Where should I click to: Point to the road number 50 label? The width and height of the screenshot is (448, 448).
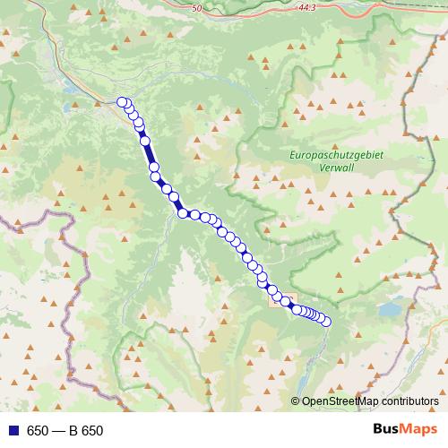click(x=198, y=7)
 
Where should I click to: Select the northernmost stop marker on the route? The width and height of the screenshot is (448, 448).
click(x=123, y=102)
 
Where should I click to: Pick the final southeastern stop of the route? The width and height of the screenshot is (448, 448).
click(x=325, y=322)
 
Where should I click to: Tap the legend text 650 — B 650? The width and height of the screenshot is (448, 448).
click(x=65, y=431)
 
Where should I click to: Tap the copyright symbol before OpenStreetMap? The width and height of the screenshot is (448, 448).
click(x=296, y=402)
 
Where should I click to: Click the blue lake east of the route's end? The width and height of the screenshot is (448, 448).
click(x=391, y=310)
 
